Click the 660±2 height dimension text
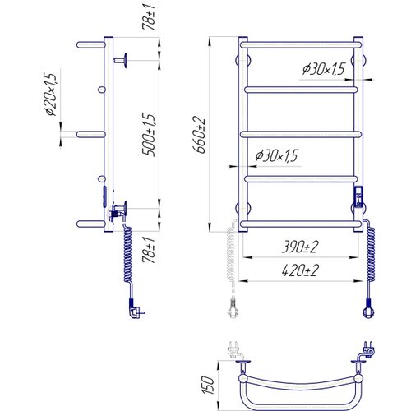click(x=199, y=135)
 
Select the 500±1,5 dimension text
click(x=150, y=135)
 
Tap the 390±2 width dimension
click(x=300, y=247)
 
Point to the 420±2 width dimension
click(x=300, y=270)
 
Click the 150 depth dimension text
click(x=208, y=386)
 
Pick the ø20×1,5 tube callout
click(x=51, y=95)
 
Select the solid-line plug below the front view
click(x=368, y=309)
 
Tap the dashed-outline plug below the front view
click(x=233, y=309)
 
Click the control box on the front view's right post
click(x=358, y=196)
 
